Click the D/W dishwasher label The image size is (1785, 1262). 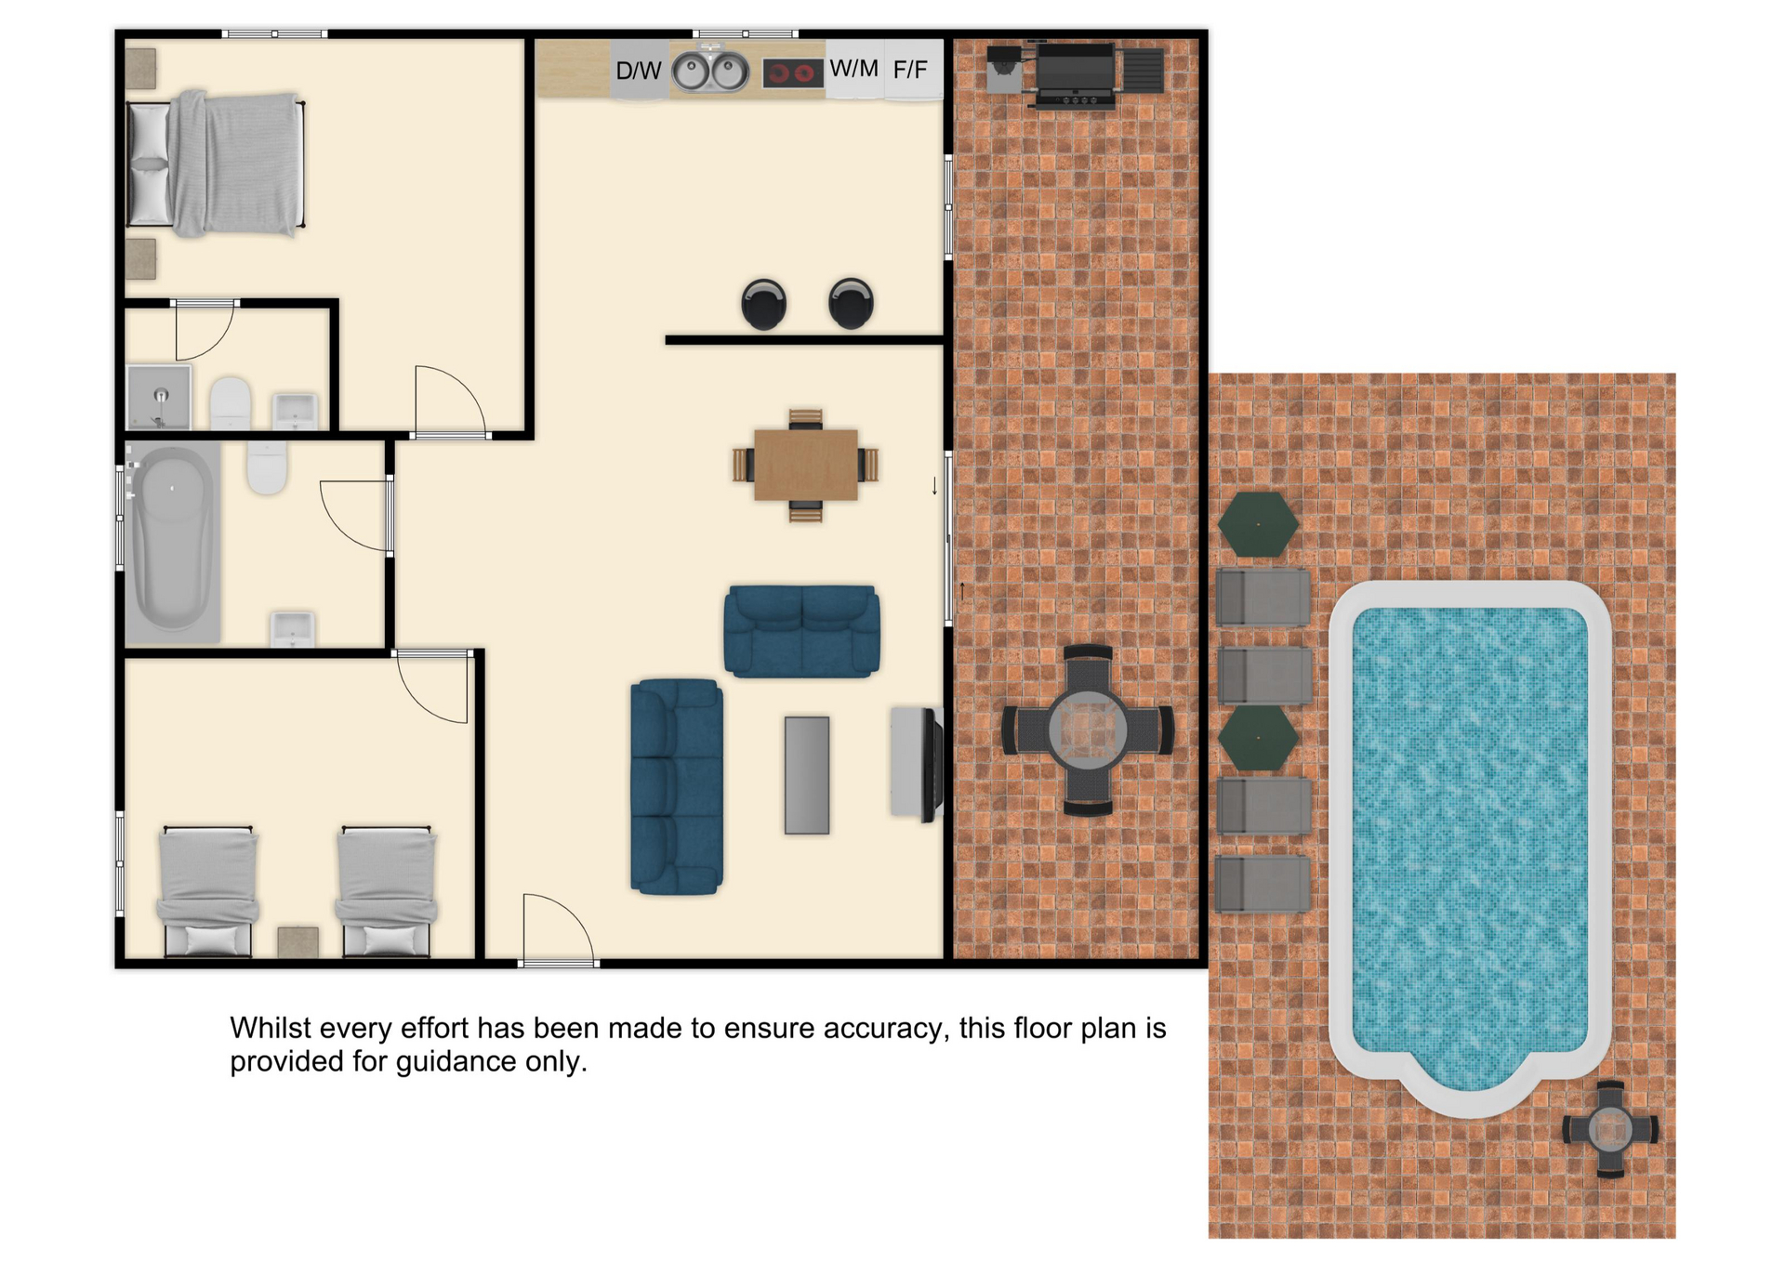[x=639, y=71]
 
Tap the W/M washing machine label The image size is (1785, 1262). [x=853, y=69]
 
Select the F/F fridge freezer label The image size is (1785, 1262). [x=910, y=70]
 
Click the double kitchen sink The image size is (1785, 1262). [x=710, y=71]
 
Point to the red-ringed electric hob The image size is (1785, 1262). [x=793, y=72]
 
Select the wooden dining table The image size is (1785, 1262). [x=806, y=465]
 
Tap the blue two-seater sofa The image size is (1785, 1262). [x=802, y=631]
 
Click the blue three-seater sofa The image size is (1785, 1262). [x=677, y=786]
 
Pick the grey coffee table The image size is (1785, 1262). [x=807, y=775]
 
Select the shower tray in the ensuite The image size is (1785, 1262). [x=160, y=397]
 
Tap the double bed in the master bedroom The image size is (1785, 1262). [x=217, y=164]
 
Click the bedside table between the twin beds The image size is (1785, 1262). [x=298, y=941]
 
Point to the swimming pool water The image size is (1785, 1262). [x=1470, y=841]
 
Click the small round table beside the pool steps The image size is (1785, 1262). [x=1610, y=1129]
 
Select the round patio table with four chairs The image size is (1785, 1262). [x=1088, y=730]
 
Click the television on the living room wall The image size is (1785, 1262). [x=932, y=764]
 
